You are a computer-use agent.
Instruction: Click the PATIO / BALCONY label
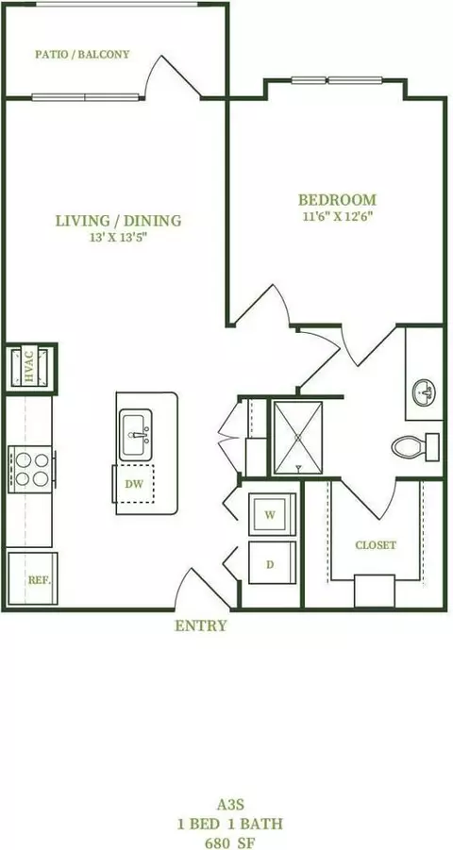(x=82, y=54)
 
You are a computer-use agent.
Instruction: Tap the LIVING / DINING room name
(x=118, y=221)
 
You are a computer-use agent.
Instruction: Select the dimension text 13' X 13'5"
(x=118, y=238)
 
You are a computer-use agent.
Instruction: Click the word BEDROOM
(x=337, y=199)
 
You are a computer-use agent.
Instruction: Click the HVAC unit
(x=29, y=368)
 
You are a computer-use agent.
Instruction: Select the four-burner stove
(x=31, y=470)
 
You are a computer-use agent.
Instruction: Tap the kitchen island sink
(x=136, y=435)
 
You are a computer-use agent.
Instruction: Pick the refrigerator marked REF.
(x=32, y=578)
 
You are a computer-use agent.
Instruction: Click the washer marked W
(x=273, y=514)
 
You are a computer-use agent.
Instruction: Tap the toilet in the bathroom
(x=415, y=446)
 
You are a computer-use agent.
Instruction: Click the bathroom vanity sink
(x=424, y=392)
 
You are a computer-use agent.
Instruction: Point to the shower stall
(x=298, y=438)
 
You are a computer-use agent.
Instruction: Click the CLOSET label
(x=376, y=545)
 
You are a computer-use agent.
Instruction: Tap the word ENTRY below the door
(x=201, y=625)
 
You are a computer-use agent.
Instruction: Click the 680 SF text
(x=230, y=842)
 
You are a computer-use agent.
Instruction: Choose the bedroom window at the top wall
(x=336, y=81)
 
